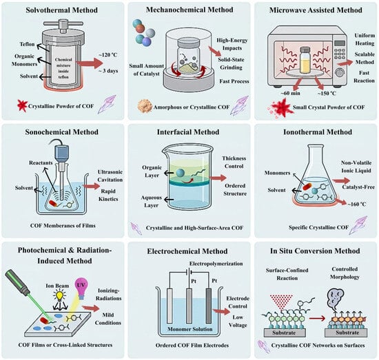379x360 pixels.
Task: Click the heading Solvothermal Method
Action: point(61,10)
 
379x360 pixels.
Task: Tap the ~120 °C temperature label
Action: point(107,55)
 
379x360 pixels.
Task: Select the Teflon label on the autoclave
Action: point(27,44)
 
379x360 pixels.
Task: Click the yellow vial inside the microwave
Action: point(305,60)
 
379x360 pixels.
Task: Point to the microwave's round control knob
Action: point(340,73)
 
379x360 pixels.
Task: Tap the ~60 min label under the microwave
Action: point(290,93)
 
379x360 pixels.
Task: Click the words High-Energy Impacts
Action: point(232,44)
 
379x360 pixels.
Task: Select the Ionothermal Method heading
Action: point(318,132)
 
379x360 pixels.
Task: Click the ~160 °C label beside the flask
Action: point(357,204)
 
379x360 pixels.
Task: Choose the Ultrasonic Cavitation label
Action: point(110,176)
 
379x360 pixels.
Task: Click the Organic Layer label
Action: point(152,171)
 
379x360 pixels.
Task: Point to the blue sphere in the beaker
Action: point(180,173)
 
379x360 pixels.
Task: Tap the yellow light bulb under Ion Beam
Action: point(59,295)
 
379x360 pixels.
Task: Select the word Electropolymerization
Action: point(216,264)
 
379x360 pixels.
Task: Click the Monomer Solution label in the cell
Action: point(190,329)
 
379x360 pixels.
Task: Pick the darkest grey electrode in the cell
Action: point(208,306)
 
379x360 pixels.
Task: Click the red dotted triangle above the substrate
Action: point(281,301)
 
